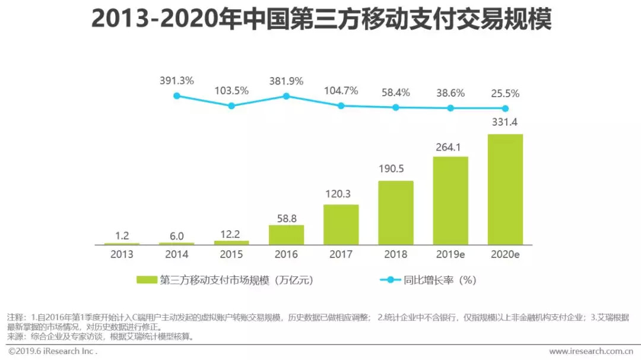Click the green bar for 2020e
[505, 189]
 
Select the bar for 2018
[396, 212]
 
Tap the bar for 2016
[286, 235]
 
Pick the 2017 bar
[341, 224]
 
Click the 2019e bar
[450, 200]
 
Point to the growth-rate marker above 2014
[176, 95]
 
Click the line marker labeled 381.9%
[286, 95]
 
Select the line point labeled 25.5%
[505, 108]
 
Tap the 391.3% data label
[176, 81]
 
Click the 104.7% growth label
[341, 91]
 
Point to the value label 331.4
[505, 123]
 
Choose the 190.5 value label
[396, 169]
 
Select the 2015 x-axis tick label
[231, 255]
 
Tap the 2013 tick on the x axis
[122, 255]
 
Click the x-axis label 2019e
[450, 255]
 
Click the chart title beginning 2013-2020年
[320, 19]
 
